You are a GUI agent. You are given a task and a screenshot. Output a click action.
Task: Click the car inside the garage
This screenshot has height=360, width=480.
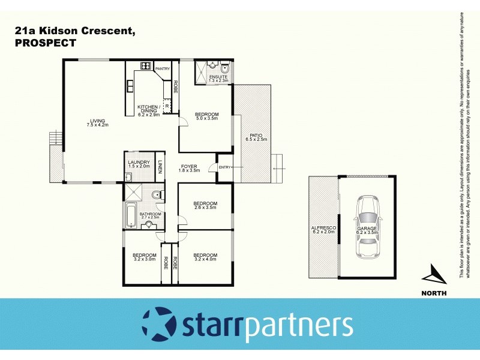click(x=368, y=227)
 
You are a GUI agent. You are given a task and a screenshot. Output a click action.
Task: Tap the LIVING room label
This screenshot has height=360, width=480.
click(x=93, y=121)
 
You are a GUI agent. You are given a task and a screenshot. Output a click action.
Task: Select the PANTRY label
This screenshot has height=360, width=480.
click(x=163, y=69)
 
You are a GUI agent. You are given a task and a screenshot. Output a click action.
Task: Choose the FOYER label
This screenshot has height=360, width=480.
click(x=189, y=166)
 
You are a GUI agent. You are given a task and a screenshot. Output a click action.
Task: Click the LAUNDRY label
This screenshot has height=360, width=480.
click(x=137, y=162)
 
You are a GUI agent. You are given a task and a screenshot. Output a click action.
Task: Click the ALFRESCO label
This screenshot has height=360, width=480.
click(x=323, y=229)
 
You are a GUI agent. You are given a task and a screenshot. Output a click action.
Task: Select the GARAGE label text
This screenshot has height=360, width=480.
click(x=367, y=229)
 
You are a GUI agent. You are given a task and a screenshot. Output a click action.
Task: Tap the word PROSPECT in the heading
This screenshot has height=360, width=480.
click(x=44, y=43)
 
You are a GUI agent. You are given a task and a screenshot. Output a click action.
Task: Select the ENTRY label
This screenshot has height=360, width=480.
click(x=224, y=167)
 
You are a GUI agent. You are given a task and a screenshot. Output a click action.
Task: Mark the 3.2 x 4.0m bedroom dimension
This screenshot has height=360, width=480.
click(x=205, y=259)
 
